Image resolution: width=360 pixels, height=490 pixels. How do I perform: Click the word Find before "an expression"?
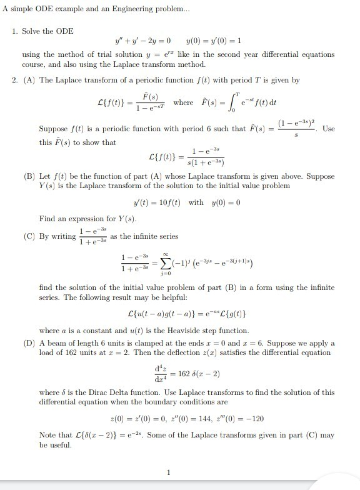click(x=46, y=219)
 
